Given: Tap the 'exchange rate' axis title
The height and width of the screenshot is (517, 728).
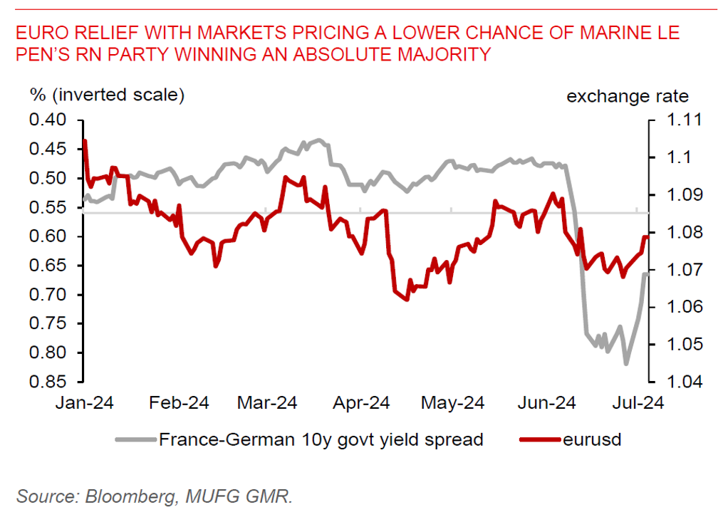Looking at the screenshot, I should (628, 96).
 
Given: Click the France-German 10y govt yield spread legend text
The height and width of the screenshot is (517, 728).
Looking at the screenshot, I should (321, 439).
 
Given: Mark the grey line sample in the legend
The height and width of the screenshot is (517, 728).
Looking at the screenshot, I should (135, 439).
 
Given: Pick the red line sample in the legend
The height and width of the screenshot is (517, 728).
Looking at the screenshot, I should (539, 439).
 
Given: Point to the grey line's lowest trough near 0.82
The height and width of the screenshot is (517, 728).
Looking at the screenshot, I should (626, 364).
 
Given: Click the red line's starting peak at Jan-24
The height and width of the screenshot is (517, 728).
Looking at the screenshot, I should (85, 141).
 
